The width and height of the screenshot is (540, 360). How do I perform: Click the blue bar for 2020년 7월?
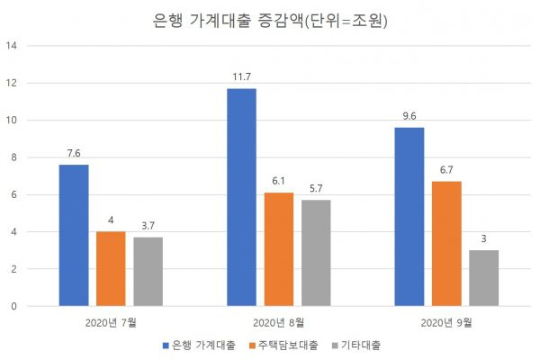(74, 235)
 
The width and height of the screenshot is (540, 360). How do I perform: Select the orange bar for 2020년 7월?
(111, 268)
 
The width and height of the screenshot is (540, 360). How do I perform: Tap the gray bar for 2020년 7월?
(148, 271)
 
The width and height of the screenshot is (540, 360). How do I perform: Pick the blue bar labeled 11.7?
(241, 197)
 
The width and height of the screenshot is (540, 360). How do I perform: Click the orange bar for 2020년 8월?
(279, 249)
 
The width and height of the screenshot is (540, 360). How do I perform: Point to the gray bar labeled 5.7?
(316, 253)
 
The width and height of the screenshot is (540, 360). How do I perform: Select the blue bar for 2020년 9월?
(409, 217)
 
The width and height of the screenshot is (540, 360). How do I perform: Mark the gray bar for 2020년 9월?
(483, 278)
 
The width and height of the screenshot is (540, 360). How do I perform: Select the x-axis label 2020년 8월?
(278, 321)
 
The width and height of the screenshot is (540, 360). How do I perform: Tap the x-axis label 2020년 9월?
(446, 321)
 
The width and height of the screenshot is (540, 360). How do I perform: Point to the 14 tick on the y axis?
(12, 46)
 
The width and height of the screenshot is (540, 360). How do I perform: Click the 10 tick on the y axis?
(12, 121)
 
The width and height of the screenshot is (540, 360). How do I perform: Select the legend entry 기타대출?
(361, 345)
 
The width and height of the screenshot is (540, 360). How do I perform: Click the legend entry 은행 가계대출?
(200, 345)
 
